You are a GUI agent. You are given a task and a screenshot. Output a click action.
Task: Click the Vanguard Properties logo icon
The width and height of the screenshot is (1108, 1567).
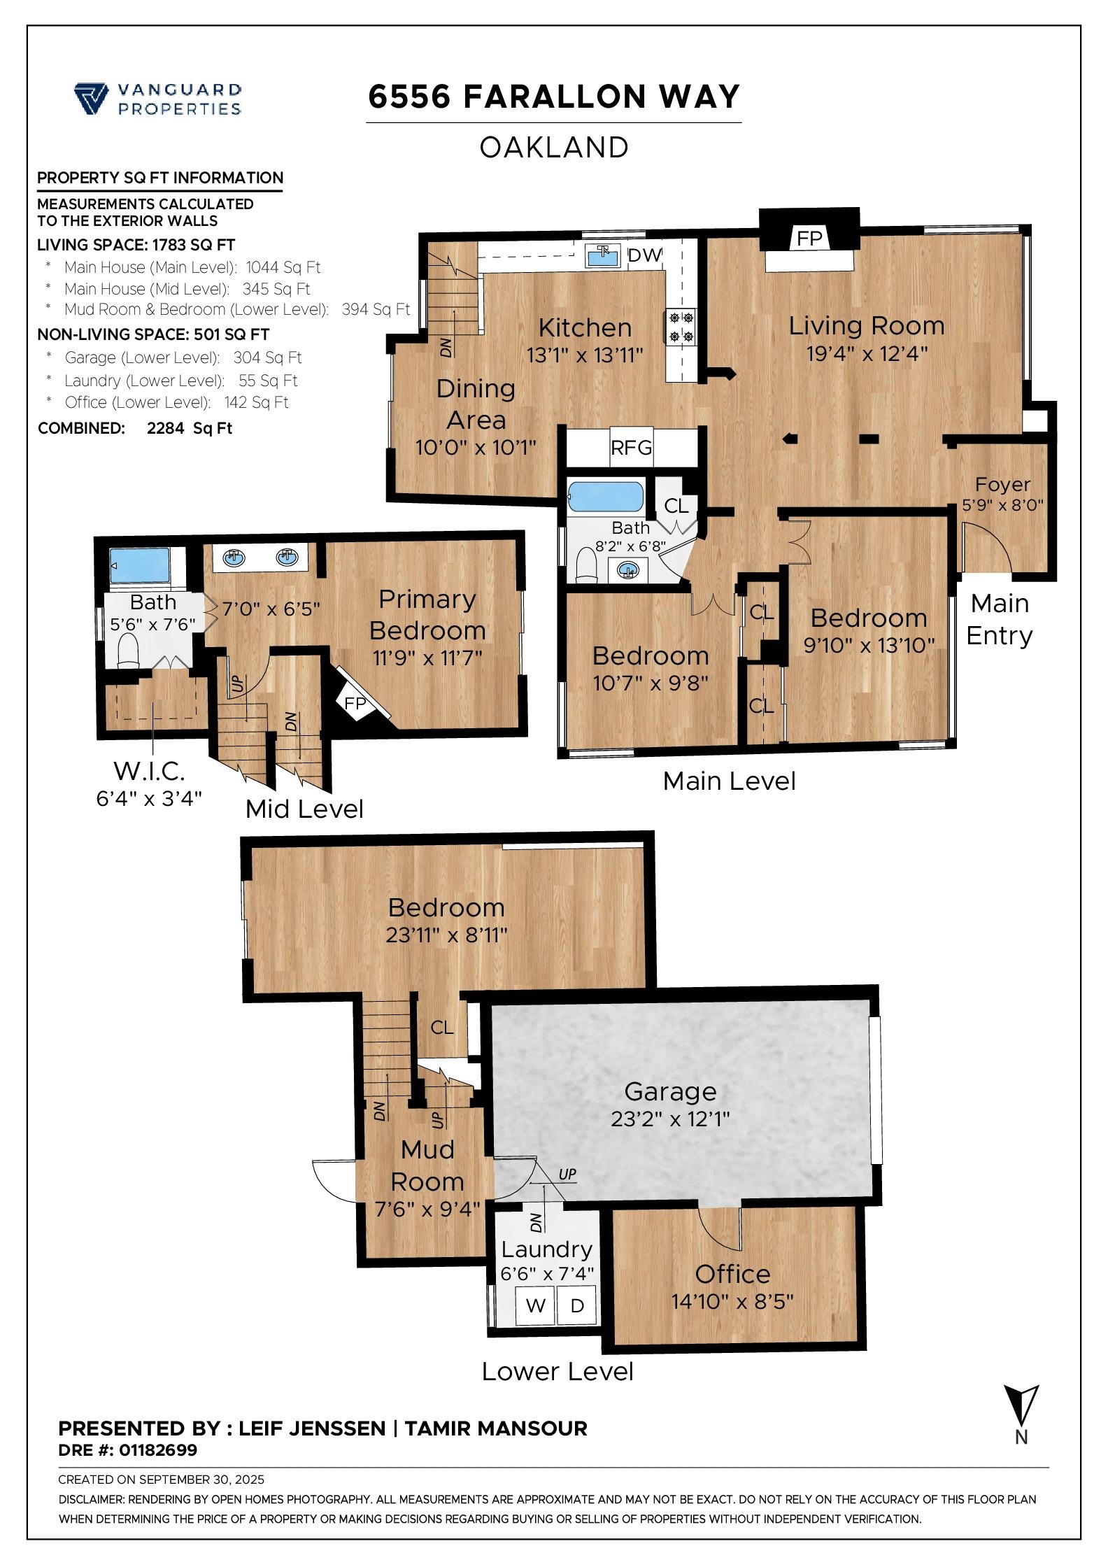point(91,98)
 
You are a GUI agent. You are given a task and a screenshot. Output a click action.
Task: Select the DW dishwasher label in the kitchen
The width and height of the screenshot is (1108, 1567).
point(644,255)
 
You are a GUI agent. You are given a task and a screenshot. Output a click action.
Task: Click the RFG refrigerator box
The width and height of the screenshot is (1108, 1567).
point(632,447)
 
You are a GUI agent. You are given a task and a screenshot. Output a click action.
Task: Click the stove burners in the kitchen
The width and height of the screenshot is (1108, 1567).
point(681,326)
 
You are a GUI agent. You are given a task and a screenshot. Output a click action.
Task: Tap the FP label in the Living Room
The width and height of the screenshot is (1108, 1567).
point(809,239)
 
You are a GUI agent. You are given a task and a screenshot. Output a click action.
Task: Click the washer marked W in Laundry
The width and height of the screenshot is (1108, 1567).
point(536,1305)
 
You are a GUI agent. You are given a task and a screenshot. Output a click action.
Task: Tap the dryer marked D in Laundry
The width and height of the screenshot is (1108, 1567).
point(577,1305)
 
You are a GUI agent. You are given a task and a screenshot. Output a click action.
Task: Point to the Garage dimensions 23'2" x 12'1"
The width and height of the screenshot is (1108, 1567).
point(670,1119)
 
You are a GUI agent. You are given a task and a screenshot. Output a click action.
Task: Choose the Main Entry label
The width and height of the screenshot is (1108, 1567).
point(1000,619)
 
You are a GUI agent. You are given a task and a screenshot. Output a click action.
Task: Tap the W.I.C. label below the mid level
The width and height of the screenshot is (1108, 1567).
point(149,772)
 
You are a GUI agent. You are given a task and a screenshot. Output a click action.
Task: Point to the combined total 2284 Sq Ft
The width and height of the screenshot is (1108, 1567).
point(190,428)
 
